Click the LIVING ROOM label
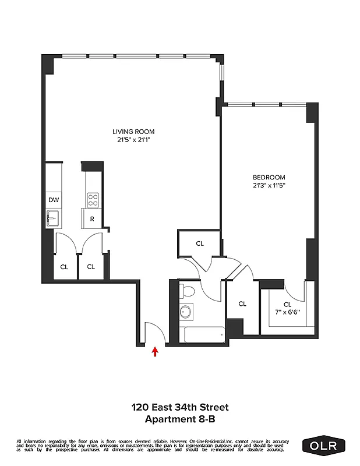tap(133, 132)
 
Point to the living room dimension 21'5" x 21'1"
tap(133, 140)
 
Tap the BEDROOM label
tap(269, 177)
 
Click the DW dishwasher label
tap(53, 200)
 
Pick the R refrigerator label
tap(92, 219)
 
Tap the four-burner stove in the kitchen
tap(92, 200)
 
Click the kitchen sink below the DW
tap(52, 219)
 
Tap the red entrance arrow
tap(154, 351)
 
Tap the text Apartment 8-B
tap(179, 419)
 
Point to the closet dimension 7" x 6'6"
tap(287, 312)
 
